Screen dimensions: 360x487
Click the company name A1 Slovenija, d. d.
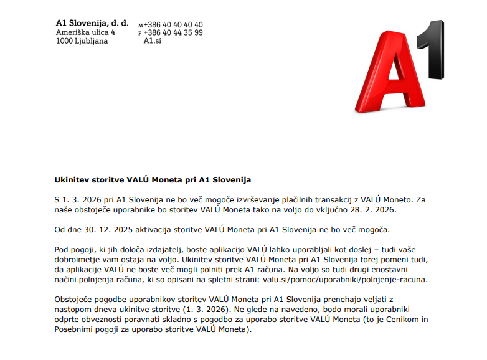point(92,23)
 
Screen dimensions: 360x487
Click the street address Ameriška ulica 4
point(85,32)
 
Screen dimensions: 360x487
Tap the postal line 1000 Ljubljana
point(82,41)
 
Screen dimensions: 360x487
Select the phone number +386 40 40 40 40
point(173,25)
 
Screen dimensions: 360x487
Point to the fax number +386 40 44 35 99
point(173,33)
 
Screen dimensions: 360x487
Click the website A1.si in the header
point(153,41)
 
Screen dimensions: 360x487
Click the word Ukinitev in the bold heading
point(73,180)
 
